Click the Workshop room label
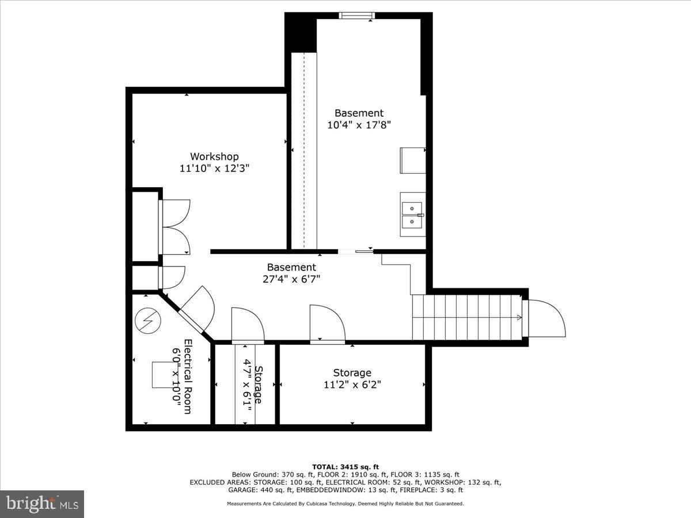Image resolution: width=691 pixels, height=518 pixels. pos(214,157)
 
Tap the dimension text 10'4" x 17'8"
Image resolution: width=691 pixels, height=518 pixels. pos(359,124)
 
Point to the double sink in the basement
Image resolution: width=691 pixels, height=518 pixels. pos(413,214)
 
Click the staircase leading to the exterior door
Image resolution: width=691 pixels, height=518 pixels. pos(466,317)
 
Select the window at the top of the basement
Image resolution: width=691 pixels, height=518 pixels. pos(357,16)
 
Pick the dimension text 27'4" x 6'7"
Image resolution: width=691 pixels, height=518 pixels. pos(291,279)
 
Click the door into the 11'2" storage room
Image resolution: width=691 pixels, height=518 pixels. pos(327,323)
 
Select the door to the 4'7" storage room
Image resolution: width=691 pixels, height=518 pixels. pos(248,326)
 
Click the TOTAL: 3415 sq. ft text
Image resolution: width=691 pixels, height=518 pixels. pos(345,466)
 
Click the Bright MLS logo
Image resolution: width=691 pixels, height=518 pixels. pos(42,504)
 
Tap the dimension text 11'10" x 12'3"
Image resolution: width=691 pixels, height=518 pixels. pos(214,168)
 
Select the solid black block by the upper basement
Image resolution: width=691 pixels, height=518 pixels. pos(301,33)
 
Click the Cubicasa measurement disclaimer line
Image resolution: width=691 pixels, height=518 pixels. pos(345,504)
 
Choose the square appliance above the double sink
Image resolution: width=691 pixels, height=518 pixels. pos(413,160)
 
